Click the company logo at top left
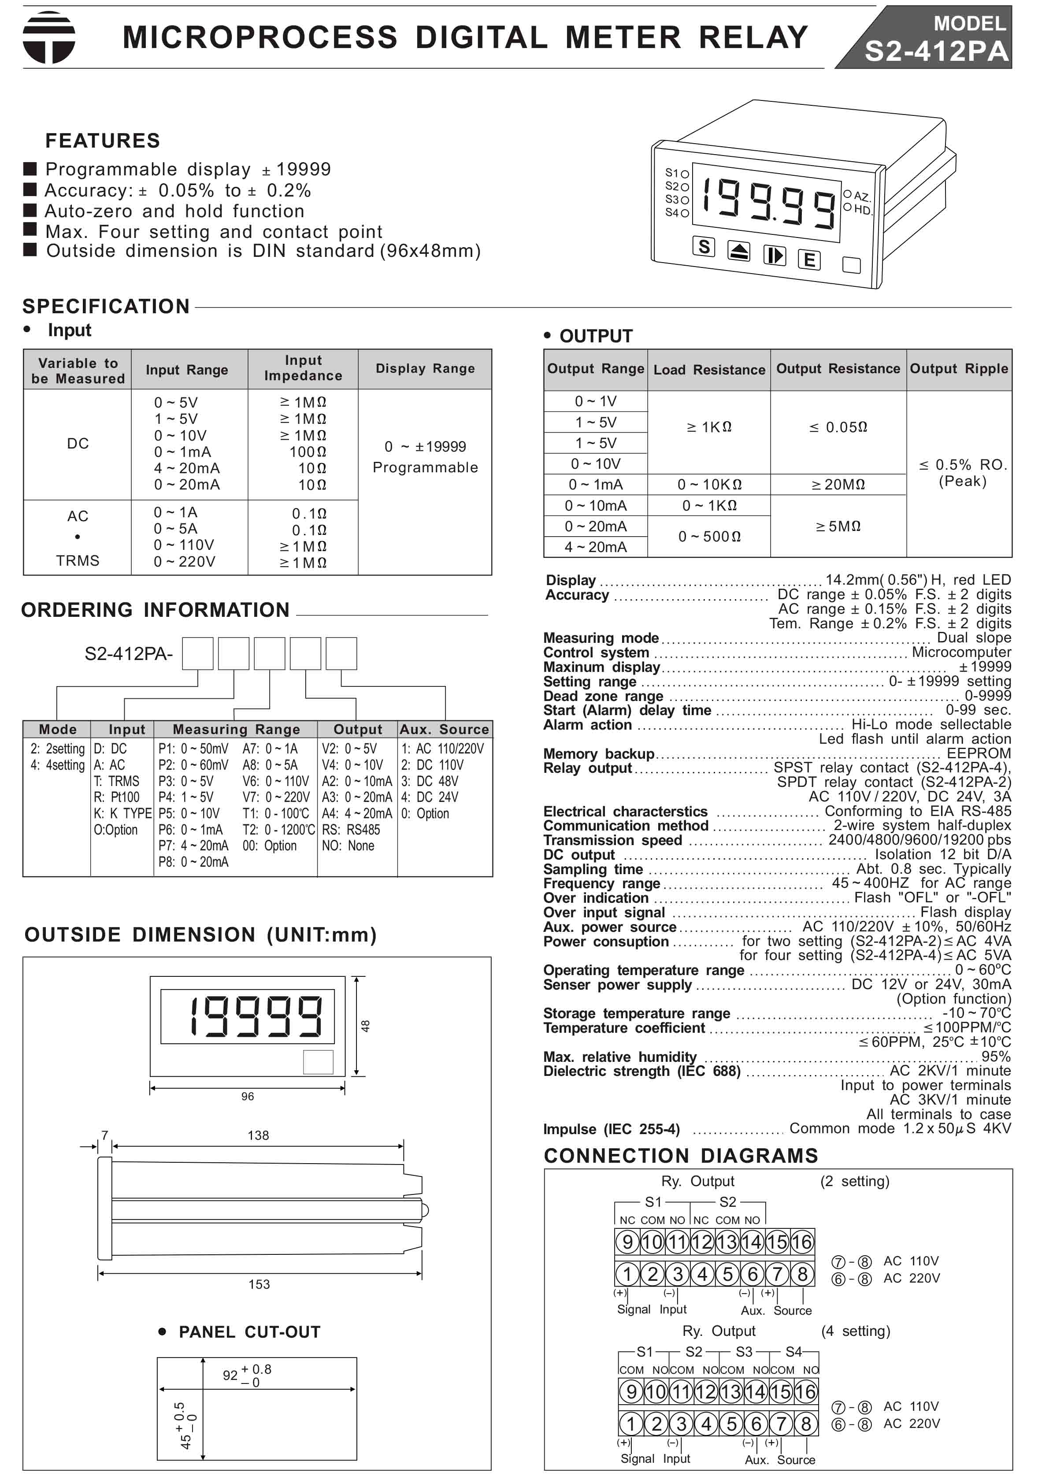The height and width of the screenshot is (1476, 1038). click(49, 37)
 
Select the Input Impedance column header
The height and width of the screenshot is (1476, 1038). click(303, 368)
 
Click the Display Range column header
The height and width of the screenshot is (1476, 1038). click(425, 368)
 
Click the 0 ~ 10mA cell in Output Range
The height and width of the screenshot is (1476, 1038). click(595, 506)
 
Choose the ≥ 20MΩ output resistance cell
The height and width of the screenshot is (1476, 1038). click(838, 485)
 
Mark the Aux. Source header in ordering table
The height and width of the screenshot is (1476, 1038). click(444, 729)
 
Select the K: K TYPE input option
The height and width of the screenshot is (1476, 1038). click(122, 813)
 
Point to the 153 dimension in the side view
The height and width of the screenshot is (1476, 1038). click(259, 1284)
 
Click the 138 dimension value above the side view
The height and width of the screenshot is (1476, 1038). click(258, 1135)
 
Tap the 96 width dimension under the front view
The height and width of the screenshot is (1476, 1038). click(248, 1096)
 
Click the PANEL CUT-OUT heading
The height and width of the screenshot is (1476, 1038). click(249, 1332)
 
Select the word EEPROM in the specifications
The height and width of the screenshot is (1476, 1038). click(978, 753)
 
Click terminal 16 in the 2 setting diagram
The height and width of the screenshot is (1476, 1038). click(801, 1242)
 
